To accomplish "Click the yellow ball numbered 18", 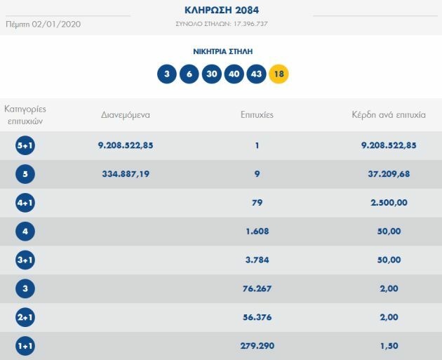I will click(x=279, y=74).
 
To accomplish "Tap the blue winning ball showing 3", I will click(x=167, y=74).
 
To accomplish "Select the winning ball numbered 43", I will click(x=256, y=74).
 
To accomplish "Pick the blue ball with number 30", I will click(x=211, y=74).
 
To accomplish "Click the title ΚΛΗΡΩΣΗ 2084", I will click(x=222, y=10).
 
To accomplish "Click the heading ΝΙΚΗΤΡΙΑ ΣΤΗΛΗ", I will click(x=222, y=51).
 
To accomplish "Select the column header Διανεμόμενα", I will click(x=126, y=114).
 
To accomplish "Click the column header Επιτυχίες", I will click(x=257, y=114).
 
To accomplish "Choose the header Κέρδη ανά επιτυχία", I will click(x=389, y=114).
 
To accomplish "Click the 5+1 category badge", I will click(x=25, y=146).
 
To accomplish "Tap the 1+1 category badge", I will click(x=25, y=346).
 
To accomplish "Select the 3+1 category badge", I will click(x=25, y=260).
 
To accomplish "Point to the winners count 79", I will click(x=257, y=203).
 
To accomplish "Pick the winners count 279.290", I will click(x=257, y=346).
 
